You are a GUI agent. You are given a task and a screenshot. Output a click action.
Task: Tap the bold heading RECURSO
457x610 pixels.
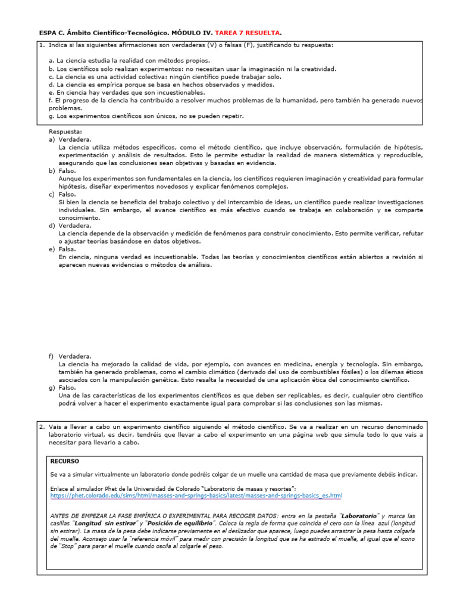click(64, 461)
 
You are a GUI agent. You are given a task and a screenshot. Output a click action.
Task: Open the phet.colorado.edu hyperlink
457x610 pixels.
click(196, 496)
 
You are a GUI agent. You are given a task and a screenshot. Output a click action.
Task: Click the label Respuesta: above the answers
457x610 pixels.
click(65, 131)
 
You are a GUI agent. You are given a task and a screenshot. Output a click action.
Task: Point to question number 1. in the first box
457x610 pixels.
click(42, 45)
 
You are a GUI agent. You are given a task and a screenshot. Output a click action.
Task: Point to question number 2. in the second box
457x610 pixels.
click(42, 427)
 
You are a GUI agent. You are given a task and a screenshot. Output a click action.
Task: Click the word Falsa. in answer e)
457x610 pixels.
click(67, 250)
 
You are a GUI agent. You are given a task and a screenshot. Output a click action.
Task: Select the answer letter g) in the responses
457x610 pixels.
click(52, 387)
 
